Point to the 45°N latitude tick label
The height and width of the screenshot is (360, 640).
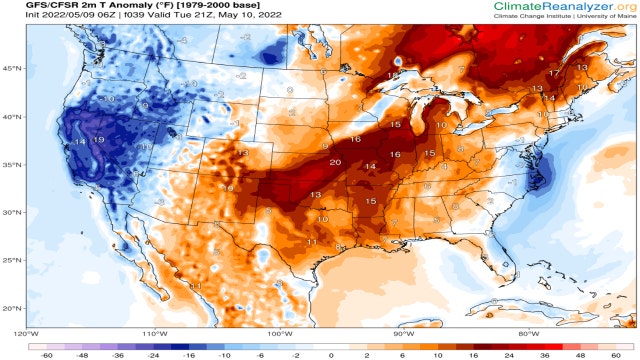coord(11,68)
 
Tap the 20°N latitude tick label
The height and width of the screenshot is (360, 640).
coord(11,308)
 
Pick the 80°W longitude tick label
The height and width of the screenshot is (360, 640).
coord(529,332)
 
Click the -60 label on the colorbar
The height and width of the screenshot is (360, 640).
coord(46,354)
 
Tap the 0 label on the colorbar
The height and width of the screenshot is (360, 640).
coord(331,354)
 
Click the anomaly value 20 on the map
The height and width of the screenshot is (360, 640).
coord(334,162)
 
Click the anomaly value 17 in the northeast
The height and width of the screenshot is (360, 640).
coord(553,74)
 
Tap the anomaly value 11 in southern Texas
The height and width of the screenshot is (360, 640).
coord(311,242)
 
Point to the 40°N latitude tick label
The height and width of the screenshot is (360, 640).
coord(11,116)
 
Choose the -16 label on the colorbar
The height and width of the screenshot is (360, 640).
coord(188,354)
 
